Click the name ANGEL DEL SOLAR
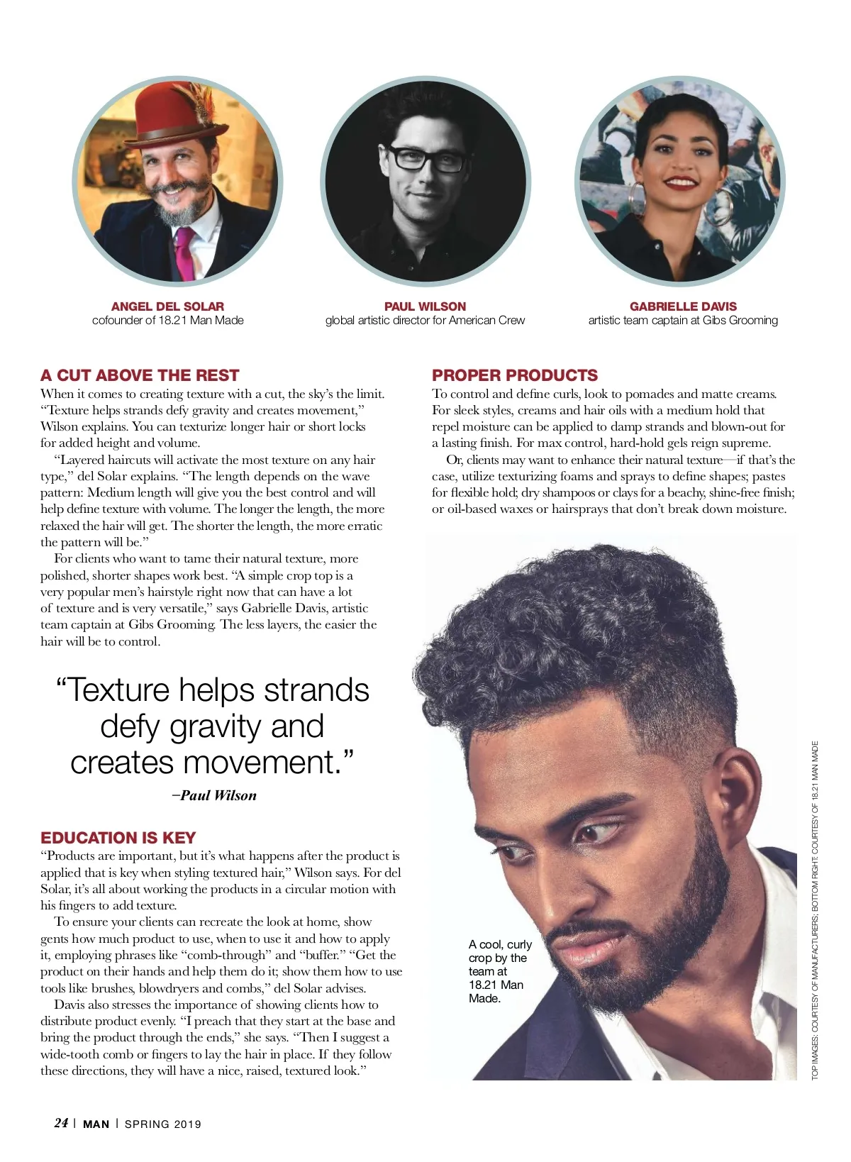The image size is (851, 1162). pos(167,306)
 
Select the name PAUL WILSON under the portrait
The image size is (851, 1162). pos(425,306)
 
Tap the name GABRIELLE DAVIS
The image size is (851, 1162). pos(683,306)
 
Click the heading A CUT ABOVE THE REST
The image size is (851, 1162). pos(140,375)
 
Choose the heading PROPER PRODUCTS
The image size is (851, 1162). pos(515,375)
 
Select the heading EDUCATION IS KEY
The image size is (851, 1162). pos(118,837)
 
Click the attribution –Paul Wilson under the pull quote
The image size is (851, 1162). pos(214,795)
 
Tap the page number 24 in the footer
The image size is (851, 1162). pos(61,1123)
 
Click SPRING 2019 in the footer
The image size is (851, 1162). pos(163,1124)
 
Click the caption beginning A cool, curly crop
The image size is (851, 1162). pos(499,971)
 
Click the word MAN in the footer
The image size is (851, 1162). pos(96,1124)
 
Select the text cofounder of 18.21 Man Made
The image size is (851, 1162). pos(167,321)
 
